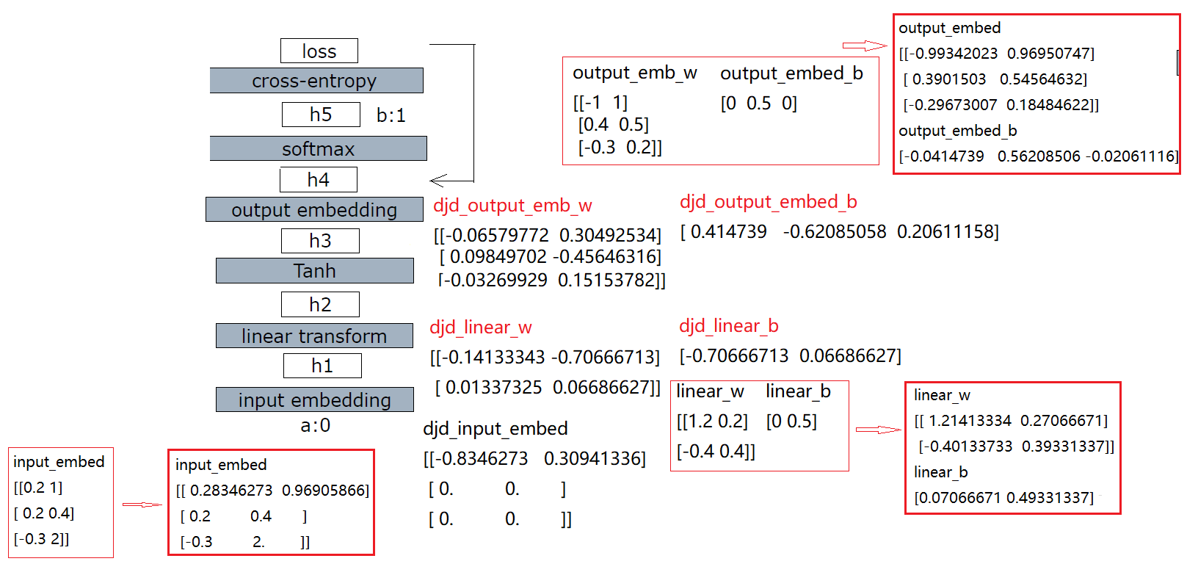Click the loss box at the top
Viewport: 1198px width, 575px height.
pyautogui.click(x=319, y=51)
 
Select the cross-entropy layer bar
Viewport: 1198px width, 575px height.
pyautogui.click(x=316, y=81)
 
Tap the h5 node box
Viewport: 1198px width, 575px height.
pyautogui.click(x=321, y=115)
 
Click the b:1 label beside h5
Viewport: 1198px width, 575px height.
pyautogui.click(x=391, y=115)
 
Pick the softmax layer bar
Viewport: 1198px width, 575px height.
pyautogui.click(x=318, y=148)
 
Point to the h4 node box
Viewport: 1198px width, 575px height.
pyautogui.click(x=319, y=180)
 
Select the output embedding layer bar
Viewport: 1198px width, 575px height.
pyautogui.click(x=314, y=209)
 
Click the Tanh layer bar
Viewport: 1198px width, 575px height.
pyautogui.click(x=314, y=270)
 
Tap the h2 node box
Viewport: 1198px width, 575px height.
pyautogui.click(x=320, y=304)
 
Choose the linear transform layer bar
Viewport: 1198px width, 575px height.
pyautogui.click(x=314, y=336)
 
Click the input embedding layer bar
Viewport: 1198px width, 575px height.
pyautogui.click(x=314, y=399)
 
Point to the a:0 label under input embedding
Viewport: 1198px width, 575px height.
pyautogui.click(x=316, y=425)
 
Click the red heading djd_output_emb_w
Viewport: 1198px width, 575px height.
pyautogui.click(x=512, y=206)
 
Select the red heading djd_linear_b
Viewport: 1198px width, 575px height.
pyautogui.click(x=728, y=326)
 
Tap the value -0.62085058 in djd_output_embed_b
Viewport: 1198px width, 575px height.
pyautogui.click(x=834, y=232)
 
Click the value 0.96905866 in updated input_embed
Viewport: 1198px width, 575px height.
pyautogui.click(x=325, y=491)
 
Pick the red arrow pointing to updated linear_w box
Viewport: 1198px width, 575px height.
pyautogui.click(x=878, y=430)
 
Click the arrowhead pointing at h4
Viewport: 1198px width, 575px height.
pyautogui.click(x=438, y=181)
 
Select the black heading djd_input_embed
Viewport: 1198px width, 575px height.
pyautogui.click(x=495, y=429)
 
